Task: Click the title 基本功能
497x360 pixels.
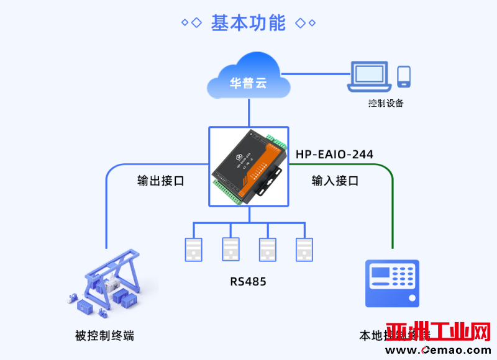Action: tap(248, 23)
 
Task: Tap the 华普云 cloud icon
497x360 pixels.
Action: tap(248, 77)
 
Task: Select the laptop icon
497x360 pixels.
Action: tap(370, 76)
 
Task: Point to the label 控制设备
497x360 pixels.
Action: tap(386, 103)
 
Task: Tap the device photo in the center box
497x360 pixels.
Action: tap(248, 166)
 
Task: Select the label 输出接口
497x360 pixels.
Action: tap(160, 181)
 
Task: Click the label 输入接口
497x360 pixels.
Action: tap(335, 181)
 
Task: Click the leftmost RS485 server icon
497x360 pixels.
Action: tap(193, 249)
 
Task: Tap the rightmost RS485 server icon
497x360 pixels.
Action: tap(304, 249)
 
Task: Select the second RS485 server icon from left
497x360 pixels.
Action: tap(230, 249)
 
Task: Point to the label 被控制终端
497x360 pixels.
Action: tap(104, 336)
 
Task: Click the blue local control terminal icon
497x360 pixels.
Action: tap(391, 283)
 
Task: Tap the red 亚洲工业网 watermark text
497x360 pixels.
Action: tap(437, 332)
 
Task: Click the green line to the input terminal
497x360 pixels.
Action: tap(393, 211)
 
